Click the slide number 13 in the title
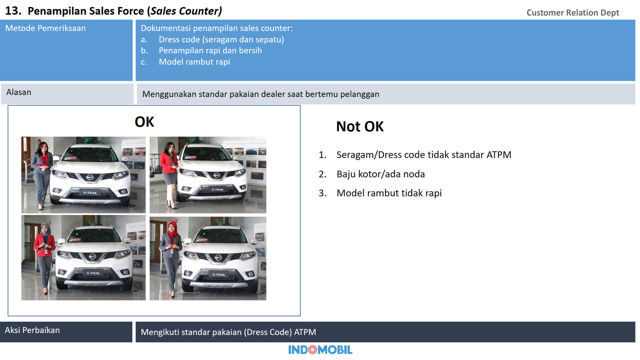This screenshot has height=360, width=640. pyautogui.click(x=13, y=11)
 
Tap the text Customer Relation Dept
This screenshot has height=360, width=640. pyautogui.click(x=572, y=13)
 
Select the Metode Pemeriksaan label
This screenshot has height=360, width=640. pyautogui.click(x=46, y=28)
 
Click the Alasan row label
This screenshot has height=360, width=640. pyautogui.click(x=19, y=92)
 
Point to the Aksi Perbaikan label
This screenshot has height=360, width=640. pyautogui.click(x=32, y=330)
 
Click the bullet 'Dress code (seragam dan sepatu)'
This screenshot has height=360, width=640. pyautogui.click(x=221, y=40)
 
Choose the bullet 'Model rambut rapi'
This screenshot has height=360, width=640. pyautogui.click(x=194, y=62)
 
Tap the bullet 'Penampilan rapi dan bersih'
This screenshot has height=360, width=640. pyautogui.click(x=210, y=51)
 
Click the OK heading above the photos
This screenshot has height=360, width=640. pyautogui.click(x=144, y=122)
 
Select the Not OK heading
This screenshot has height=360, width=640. pyautogui.click(x=360, y=127)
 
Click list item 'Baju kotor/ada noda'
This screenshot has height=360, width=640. pyautogui.click(x=380, y=174)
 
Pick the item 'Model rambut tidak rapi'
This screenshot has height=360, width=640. pyautogui.click(x=389, y=193)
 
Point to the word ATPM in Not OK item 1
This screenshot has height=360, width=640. pyautogui.click(x=499, y=155)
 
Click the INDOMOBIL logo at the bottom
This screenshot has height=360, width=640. pyautogui.click(x=320, y=350)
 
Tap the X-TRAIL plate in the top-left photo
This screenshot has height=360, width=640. pyautogui.click(x=90, y=193)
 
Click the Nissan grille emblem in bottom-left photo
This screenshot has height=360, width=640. pyautogui.click(x=92, y=256)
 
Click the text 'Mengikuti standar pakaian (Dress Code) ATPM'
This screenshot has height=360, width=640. pyautogui.click(x=228, y=332)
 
